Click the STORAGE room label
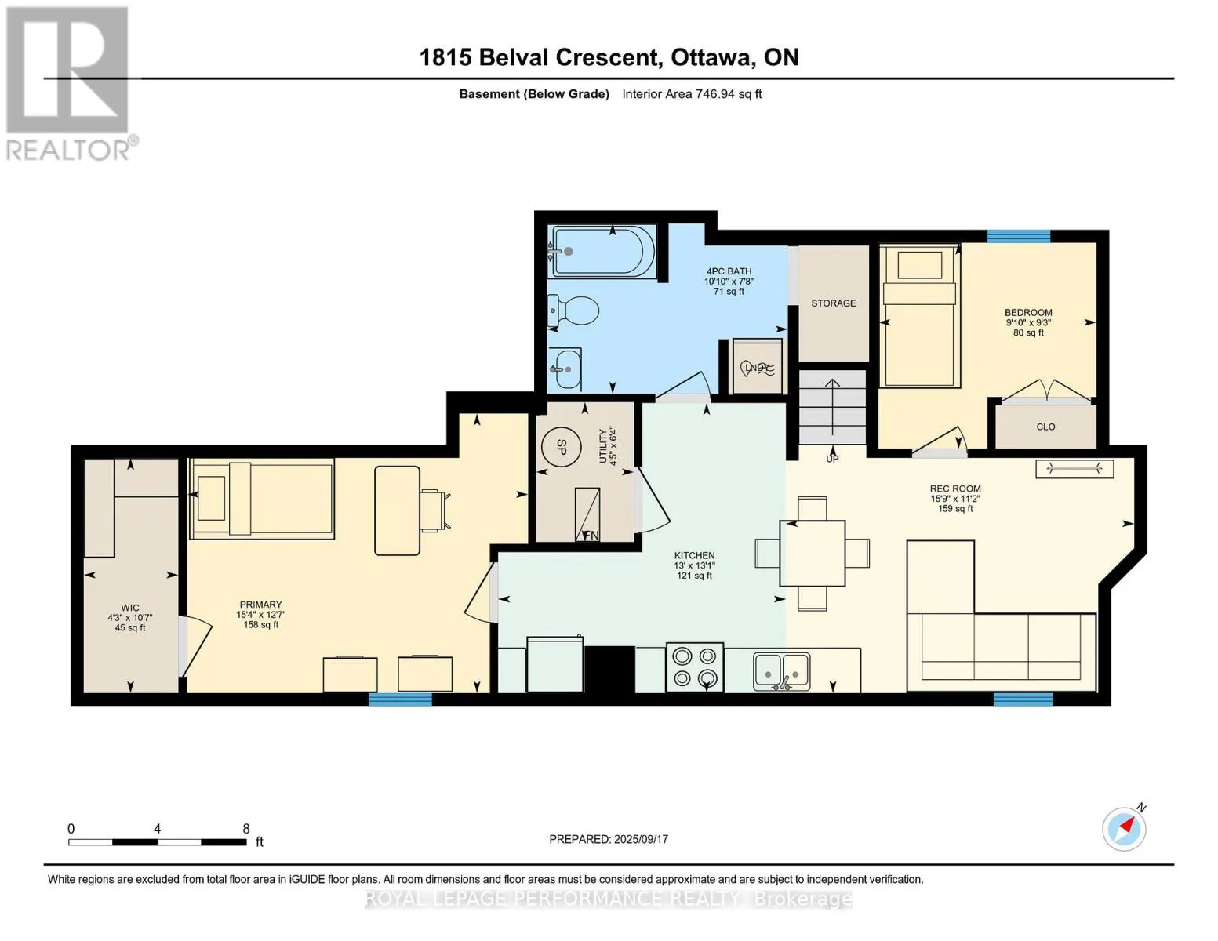point(834,303)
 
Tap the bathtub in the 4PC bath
point(603,251)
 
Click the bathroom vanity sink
point(565,369)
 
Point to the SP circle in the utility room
point(562,447)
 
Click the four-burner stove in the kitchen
point(695,667)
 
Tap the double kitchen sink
point(781,671)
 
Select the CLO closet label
point(1046,427)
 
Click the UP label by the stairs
point(832,459)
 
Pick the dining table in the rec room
point(813,553)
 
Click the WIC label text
point(130,608)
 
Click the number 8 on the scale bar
point(246,829)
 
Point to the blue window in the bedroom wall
point(1019,236)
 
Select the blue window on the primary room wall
point(400,699)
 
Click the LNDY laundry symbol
point(758,368)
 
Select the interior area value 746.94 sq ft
point(729,94)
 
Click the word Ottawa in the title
point(711,58)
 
